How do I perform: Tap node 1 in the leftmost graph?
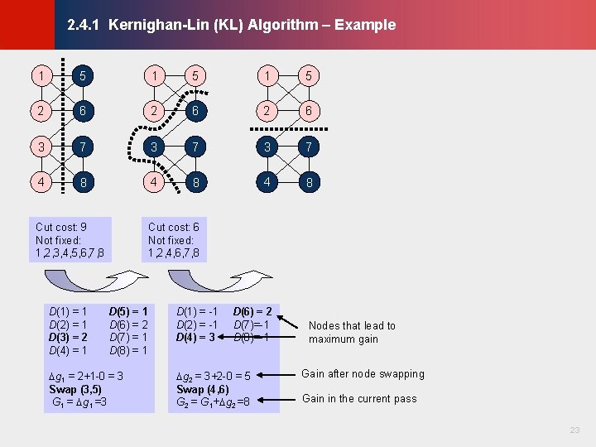pyautogui.click(x=40, y=76)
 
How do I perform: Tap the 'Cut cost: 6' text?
pyautogui.click(x=174, y=227)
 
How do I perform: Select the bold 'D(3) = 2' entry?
pyautogui.click(x=69, y=338)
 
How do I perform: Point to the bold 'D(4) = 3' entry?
pyautogui.click(x=195, y=338)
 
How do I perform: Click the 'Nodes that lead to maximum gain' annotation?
pyautogui.click(x=352, y=332)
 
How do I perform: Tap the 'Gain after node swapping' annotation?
pyautogui.click(x=363, y=373)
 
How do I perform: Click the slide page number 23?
pyautogui.click(x=575, y=430)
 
